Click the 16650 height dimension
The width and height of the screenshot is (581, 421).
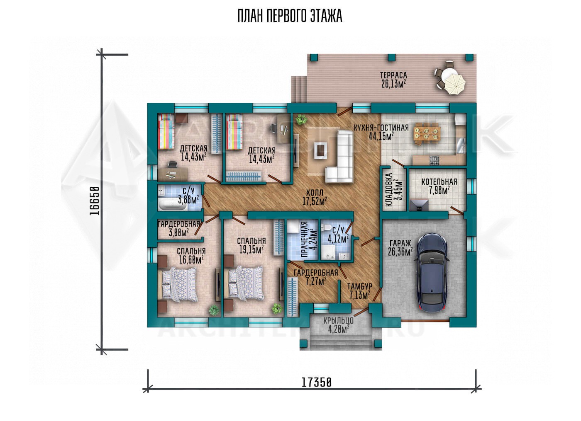(x=95, y=201)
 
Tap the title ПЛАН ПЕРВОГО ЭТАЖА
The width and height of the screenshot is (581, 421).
(x=290, y=16)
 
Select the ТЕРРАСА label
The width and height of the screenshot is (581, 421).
(x=393, y=75)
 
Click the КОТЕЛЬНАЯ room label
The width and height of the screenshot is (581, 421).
(x=439, y=182)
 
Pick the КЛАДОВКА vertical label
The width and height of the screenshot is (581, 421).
(x=389, y=190)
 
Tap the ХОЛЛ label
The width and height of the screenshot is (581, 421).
(x=315, y=193)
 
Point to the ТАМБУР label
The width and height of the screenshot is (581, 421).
(x=359, y=286)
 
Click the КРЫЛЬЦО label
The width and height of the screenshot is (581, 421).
(x=338, y=321)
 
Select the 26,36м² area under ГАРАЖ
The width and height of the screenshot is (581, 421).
(x=400, y=252)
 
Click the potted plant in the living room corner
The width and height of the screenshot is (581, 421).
(x=300, y=119)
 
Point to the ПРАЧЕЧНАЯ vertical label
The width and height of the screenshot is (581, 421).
(x=305, y=239)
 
